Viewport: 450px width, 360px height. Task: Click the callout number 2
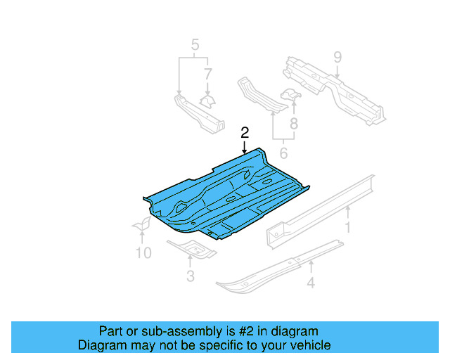[x=245, y=132]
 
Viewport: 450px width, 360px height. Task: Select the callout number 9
[x=337, y=56]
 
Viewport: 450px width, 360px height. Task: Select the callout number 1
[x=347, y=227]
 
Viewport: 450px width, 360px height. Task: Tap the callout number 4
[x=311, y=284]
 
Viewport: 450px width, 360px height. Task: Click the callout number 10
[x=143, y=252]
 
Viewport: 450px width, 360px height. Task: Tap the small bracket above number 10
[x=143, y=224]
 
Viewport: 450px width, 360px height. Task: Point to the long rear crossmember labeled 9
[x=330, y=88]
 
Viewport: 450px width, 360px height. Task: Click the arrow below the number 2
[x=245, y=146]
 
